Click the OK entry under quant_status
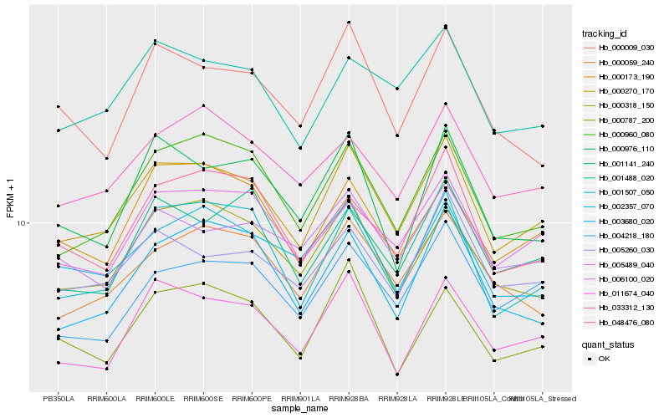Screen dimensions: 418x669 point(604,359)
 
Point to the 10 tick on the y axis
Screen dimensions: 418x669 point(23,223)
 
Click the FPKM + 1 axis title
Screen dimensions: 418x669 point(10,198)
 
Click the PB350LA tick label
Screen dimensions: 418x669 point(59,399)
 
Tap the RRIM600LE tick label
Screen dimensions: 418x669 point(156,399)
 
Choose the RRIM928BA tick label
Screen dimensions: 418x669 point(349,399)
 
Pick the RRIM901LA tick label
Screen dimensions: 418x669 point(300,399)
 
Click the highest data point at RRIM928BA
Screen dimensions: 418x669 point(349,23)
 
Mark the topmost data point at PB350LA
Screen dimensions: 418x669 point(59,106)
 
